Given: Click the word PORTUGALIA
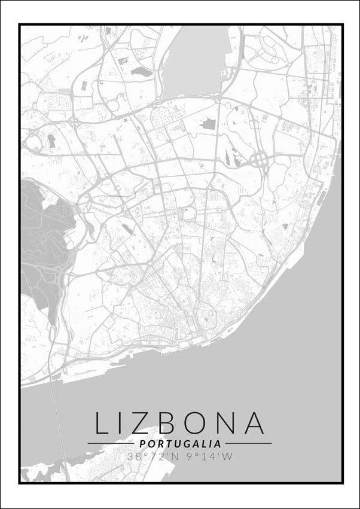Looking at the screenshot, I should point(179,444).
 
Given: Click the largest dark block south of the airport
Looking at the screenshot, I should point(209,124).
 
